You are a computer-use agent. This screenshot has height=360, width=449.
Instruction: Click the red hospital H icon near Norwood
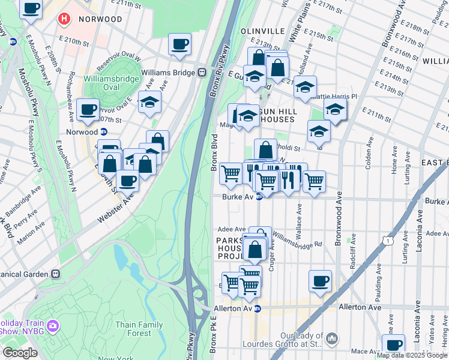click(64, 19)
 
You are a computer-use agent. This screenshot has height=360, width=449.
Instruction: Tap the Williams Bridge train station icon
click(202, 73)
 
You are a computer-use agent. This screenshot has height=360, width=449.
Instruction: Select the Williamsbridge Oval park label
click(112, 79)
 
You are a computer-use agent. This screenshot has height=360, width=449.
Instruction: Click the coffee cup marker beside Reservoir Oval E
click(89, 110)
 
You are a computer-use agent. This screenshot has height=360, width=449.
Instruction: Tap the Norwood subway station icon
click(104, 132)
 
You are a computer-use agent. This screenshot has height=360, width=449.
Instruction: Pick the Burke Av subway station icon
click(259, 197)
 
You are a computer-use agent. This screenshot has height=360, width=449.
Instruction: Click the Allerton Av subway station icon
click(258, 308)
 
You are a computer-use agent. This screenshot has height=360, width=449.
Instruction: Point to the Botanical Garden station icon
click(56, 274)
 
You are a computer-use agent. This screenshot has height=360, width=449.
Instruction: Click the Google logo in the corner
click(20, 353)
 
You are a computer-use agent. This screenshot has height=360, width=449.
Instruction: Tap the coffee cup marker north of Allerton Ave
click(320, 280)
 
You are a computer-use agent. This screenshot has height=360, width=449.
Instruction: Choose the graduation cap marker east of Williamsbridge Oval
click(149, 102)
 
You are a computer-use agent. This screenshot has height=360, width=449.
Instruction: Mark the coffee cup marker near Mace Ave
click(394, 344)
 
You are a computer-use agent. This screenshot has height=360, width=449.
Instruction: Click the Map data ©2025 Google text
click(412, 355)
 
